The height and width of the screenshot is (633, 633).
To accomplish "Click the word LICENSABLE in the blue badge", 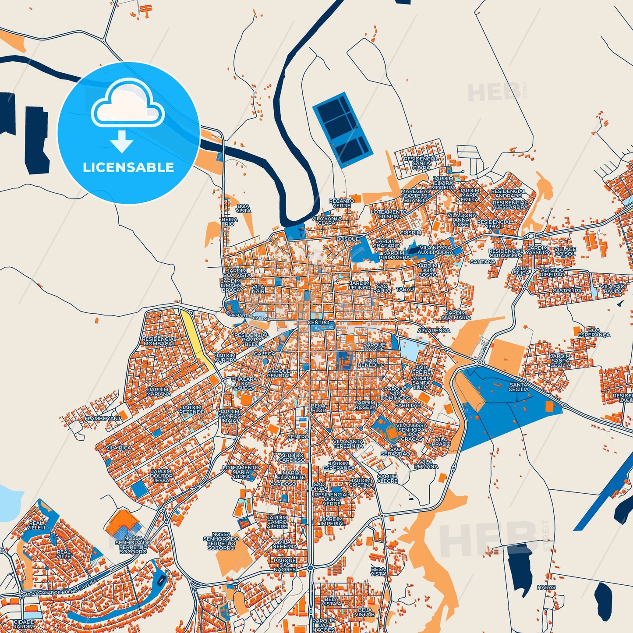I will pos(128,167).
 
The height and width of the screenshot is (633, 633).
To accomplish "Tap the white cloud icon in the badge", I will pos(127,104).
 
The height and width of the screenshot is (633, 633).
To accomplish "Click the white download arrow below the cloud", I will pos(122,141).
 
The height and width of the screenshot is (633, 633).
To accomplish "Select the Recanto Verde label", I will pos(342,203).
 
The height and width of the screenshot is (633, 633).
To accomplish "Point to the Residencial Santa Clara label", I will pos(421,163).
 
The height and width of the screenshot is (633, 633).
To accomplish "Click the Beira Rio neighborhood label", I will pos(230,222).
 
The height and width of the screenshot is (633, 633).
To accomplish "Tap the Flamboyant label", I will pos(103,418).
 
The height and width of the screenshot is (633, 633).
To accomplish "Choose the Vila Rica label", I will pos(119,448).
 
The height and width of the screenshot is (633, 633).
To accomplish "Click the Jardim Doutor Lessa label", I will pos(161,476).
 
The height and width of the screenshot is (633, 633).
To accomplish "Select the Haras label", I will pos(546,587).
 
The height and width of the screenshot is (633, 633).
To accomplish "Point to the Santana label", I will pos(483,262).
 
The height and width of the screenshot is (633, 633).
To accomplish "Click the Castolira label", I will pos(567,290).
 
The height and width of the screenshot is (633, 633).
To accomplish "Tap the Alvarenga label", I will pos(433,330).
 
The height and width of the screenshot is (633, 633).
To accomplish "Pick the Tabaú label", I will pos(405,290).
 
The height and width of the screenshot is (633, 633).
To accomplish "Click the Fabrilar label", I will pos(408,405).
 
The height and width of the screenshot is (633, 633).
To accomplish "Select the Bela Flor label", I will pos(318,408).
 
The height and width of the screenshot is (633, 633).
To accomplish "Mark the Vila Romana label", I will pos(426,464).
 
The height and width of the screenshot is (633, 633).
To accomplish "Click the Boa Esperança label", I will pos(594,332).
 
